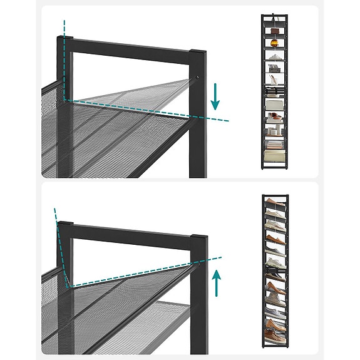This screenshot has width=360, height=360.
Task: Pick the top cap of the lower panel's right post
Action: tap(198, 238)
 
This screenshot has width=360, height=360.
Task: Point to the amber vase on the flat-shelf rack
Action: tap(274, 43)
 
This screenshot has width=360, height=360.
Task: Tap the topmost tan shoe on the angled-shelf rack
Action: tap(273, 203)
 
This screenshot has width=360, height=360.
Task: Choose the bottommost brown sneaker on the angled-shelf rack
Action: tap(274, 324)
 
